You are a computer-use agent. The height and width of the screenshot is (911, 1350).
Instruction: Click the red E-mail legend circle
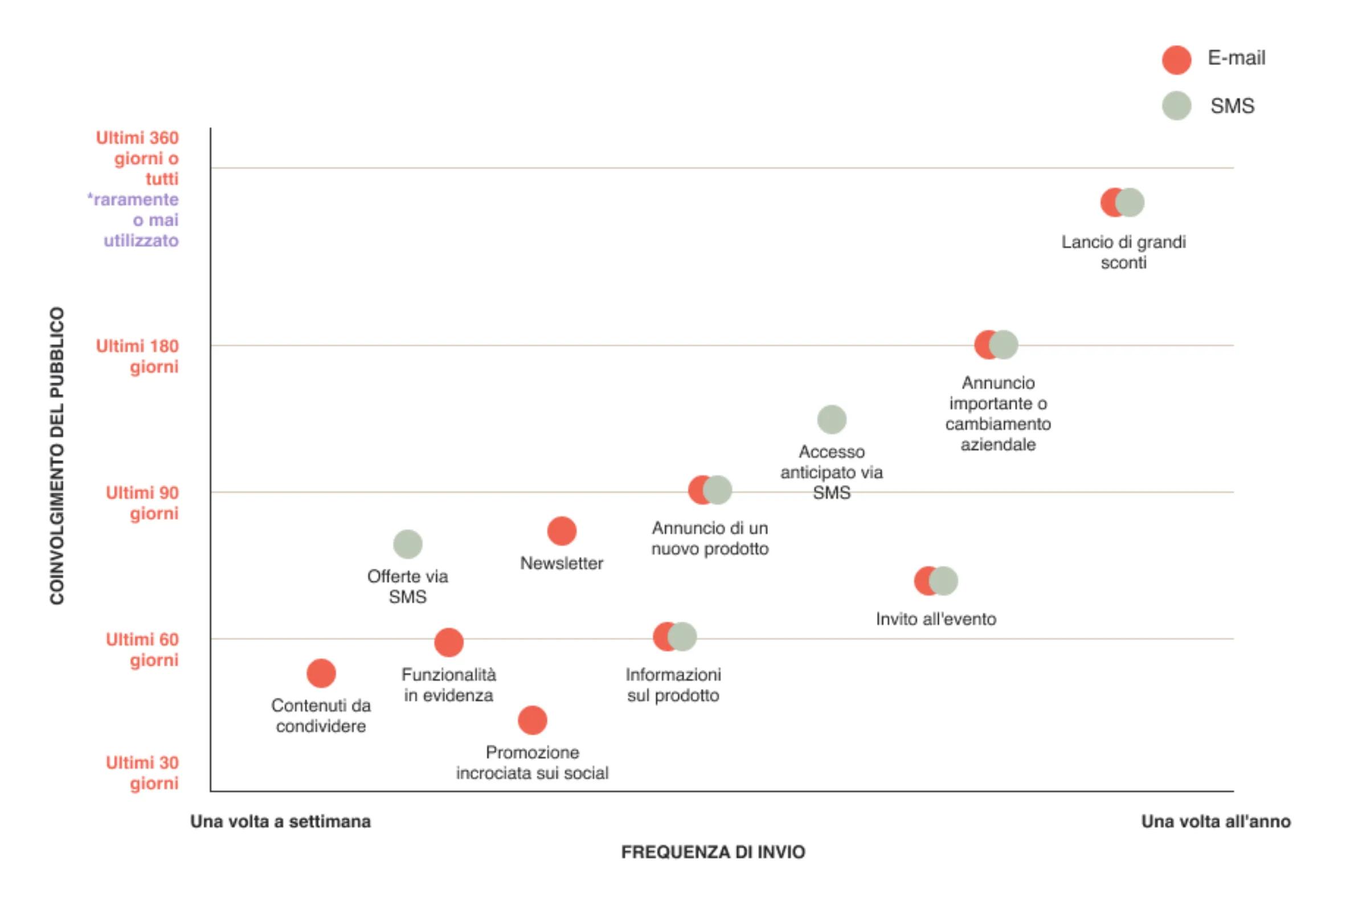tap(1176, 60)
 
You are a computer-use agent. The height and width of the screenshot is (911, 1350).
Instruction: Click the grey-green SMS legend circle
tap(1176, 106)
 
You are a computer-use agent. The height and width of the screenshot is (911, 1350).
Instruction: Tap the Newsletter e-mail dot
tap(561, 531)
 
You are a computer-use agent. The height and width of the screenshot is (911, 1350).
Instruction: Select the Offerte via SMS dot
tap(407, 544)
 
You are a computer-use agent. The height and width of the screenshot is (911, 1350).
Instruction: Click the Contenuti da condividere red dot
tap(321, 674)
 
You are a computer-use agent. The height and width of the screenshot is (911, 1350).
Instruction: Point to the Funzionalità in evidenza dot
tap(448, 642)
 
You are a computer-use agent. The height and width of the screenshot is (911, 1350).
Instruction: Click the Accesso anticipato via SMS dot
tap(831, 419)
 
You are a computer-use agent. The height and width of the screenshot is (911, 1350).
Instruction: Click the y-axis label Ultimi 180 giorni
tap(138, 356)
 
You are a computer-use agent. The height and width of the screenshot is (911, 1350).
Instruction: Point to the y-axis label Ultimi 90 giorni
tap(142, 503)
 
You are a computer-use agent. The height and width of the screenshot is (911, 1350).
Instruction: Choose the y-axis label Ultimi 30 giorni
tap(142, 773)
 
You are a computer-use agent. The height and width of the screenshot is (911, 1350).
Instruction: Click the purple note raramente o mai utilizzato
tap(134, 220)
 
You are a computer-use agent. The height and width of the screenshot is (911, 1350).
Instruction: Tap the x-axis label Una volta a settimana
tap(281, 822)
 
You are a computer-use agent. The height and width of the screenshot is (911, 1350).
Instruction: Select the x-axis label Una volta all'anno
tap(1216, 822)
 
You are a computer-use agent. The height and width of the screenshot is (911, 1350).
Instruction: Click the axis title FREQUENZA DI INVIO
tap(713, 852)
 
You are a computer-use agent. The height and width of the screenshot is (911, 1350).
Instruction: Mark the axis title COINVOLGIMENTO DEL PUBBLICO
tap(57, 456)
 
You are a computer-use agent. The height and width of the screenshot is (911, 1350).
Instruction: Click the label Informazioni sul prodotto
tap(673, 684)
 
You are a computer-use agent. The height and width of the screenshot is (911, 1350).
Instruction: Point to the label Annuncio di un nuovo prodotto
tap(709, 538)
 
